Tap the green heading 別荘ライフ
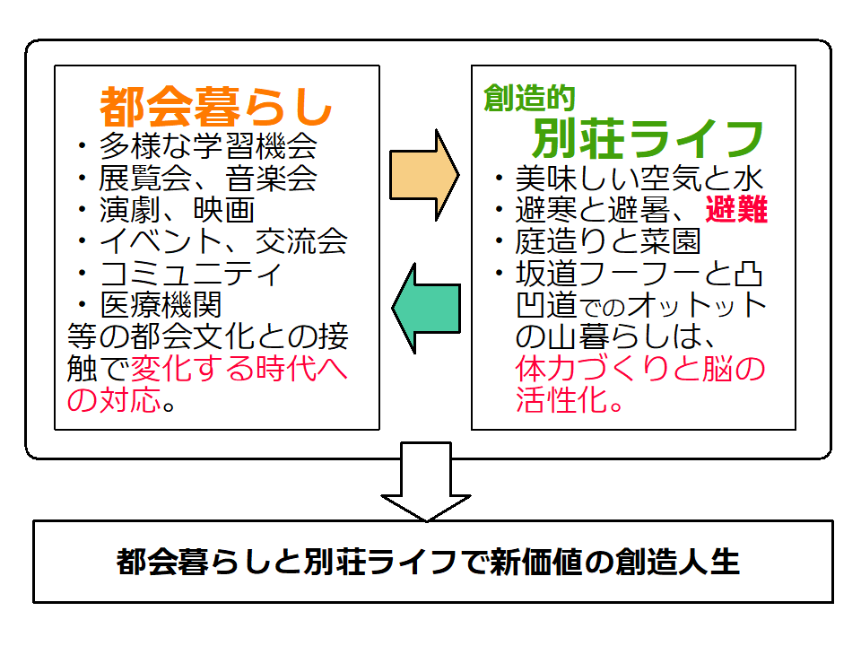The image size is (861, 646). (648, 138)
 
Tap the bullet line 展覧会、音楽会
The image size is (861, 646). (208, 178)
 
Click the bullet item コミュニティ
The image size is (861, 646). (192, 272)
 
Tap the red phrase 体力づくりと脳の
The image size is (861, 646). (640, 368)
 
